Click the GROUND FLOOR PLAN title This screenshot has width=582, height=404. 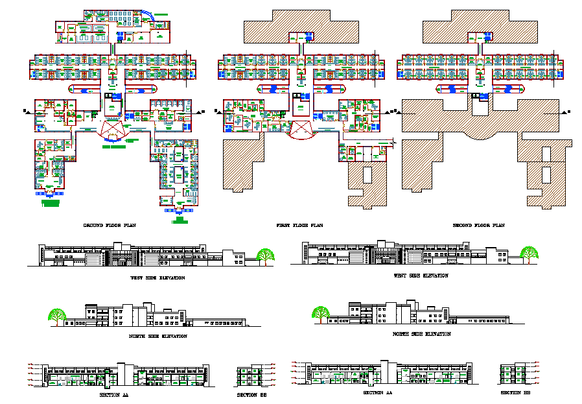point(110,225)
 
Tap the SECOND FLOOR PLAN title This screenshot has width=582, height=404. point(478,225)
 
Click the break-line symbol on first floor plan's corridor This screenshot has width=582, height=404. point(393,141)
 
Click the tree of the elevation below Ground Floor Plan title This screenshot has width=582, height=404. point(264,255)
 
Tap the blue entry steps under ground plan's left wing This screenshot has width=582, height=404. point(49,193)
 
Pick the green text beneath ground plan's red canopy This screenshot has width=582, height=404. point(114,147)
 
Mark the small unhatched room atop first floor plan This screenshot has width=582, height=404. point(301,38)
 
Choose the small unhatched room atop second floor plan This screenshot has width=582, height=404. point(480,38)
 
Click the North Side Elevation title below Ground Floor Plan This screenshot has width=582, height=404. point(158,336)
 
